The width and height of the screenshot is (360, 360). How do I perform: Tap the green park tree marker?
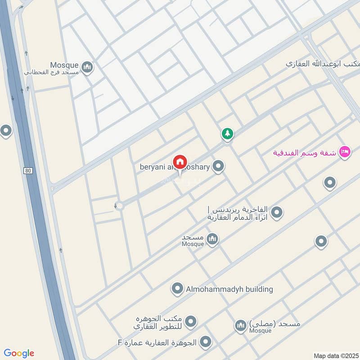227,133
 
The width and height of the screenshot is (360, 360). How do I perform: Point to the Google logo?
18,353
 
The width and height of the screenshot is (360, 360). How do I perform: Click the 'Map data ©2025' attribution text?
335,355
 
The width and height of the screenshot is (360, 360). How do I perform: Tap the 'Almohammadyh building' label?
229,289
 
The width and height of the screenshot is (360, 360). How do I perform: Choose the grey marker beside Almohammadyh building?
178,288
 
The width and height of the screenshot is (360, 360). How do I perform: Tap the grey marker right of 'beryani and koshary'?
218,167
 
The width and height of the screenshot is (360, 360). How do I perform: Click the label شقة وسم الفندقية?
305,152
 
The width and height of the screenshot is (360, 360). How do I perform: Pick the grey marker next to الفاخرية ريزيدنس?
277,212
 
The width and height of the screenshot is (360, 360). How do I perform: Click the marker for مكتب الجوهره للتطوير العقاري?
191,321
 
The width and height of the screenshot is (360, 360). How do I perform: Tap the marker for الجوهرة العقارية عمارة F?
206,342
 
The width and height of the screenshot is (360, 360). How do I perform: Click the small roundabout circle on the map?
119,206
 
